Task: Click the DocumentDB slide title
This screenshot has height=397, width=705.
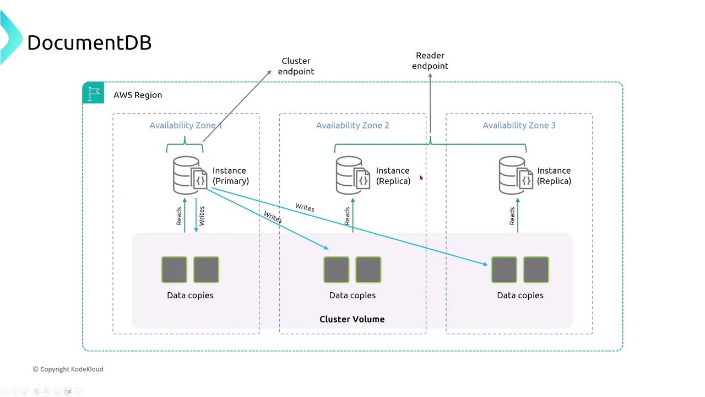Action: [x=89, y=42]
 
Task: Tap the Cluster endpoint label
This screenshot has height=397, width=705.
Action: [x=296, y=66]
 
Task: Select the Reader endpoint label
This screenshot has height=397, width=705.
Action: [x=430, y=61]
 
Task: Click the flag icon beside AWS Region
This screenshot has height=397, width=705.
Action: [x=94, y=93]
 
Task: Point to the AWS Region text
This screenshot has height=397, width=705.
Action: [x=138, y=95]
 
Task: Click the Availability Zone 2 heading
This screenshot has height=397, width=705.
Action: [x=352, y=125]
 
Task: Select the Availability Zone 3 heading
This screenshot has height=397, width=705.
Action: [x=519, y=125]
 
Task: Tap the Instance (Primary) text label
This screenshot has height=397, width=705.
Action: [x=230, y=176]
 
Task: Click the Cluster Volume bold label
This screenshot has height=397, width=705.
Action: [x=352, y=319]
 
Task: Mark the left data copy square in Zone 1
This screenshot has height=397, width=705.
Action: [x=175, y=270]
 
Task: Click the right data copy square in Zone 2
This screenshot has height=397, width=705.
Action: [x=368, y=270]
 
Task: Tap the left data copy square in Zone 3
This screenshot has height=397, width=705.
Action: [x=504, y=270]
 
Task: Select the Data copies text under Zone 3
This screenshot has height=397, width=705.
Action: [x=520, y=296]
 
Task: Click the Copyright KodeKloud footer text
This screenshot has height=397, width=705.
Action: [x=68, y=369]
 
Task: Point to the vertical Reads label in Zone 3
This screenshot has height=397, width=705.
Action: [x=512, y=216]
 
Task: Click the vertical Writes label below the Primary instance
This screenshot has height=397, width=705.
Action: [x=202, y=216]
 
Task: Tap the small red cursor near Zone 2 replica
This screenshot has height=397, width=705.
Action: [x=421, y=178]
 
